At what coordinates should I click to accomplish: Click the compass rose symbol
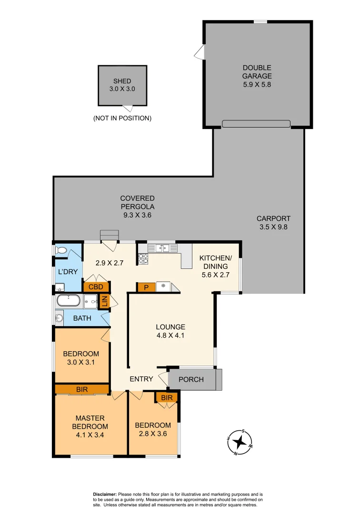[x=240, y=443]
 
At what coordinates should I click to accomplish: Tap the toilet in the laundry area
[x=60, y=250]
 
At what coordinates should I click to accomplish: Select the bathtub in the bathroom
[x=69, y=301]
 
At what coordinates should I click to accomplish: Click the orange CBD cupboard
[x=96, y=287]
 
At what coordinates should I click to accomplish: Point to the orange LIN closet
[x=103, y=302]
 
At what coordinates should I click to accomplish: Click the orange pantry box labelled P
[x=145, y=287]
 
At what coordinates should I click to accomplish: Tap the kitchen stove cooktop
[x=143, y=258]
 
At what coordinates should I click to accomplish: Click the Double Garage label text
[x=257, y=72]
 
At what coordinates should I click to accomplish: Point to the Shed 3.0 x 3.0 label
[x=122, y=85]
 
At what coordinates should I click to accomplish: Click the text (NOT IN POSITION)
[x=122, y=118]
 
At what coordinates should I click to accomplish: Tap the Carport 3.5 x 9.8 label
[x=273, y=223]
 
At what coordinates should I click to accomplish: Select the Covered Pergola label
[x=137, y=206]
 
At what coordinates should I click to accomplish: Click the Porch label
[x=190, y=379]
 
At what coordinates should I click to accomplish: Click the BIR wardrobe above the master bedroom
[x=82, y=389]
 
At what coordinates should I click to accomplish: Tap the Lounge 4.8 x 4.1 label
[x=170, y=331]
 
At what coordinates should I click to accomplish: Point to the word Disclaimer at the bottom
[x=104, y=494]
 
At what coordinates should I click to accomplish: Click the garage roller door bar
[x=256, y=124]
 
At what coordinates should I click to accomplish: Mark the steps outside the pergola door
[x=109, y=235]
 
